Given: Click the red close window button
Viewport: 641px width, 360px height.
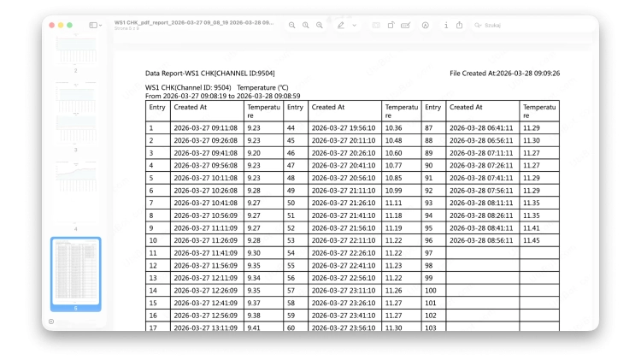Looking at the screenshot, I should [51, 26].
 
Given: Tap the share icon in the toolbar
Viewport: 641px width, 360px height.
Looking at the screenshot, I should [459, 26].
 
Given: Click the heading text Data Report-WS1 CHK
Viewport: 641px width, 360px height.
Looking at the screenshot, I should [209, 74].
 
